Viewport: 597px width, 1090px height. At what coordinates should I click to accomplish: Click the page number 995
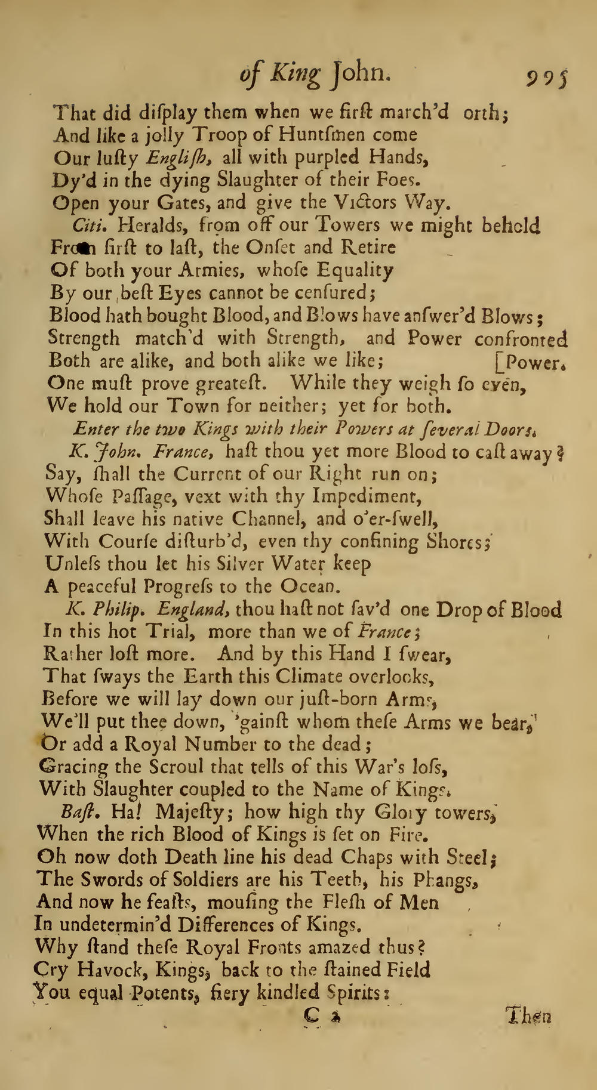(x=546, y=78)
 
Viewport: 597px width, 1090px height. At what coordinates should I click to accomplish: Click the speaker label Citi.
(x=89, y=225)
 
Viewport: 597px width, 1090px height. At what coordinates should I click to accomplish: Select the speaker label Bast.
(x=75, y=811)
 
